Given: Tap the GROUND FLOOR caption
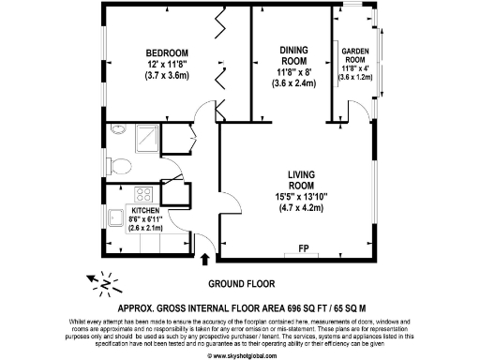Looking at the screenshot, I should [x=239, y=282].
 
